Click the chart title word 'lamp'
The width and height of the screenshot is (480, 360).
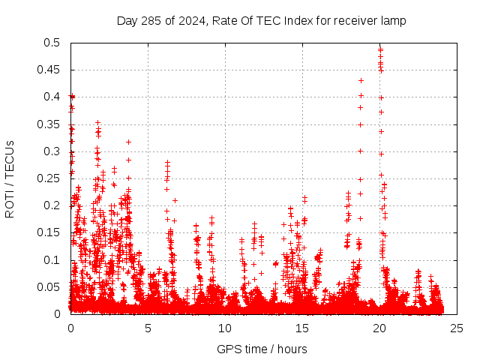392,20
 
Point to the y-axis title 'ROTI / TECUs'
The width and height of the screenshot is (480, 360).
10,178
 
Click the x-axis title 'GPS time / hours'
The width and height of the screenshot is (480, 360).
262,349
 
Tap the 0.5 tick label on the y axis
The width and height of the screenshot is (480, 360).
55,43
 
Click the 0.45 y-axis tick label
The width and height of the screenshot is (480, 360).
52,70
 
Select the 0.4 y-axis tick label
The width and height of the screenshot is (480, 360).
55,97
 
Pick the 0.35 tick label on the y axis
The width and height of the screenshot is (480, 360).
52,124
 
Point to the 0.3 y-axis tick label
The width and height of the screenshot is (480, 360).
55,151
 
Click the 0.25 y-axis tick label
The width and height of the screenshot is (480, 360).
52,178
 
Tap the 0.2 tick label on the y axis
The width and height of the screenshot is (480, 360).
55,205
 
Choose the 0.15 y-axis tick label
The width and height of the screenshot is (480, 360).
52,232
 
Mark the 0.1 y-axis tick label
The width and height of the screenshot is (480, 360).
55,260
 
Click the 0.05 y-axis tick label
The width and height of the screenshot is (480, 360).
52,287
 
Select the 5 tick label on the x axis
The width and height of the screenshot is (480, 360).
148,328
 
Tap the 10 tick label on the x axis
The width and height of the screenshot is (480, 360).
225,328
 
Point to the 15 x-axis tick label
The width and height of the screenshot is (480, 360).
302,328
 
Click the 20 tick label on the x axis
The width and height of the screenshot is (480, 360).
379,328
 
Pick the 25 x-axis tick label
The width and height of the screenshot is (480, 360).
457,328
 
